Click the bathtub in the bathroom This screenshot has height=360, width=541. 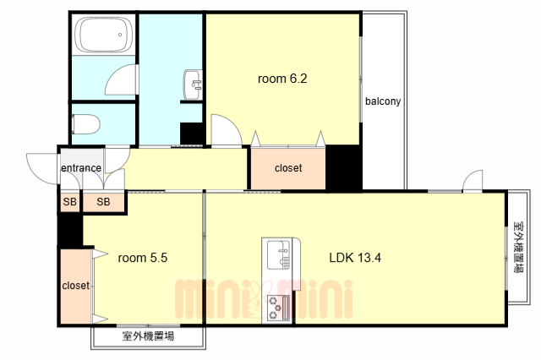[x=102, y=35]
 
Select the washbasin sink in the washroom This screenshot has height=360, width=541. [x=193, y=83]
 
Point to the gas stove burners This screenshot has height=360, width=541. [x=277, y=308]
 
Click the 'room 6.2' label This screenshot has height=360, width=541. [x=281, y=79]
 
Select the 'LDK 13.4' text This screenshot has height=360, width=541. [x=356, y=259]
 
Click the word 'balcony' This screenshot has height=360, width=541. [x=383, y=101]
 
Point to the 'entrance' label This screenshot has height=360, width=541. [x=81, y=168]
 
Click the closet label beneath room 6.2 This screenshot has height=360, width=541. [x=288, y=168]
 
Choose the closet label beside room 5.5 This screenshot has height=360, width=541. [x=76, y=286]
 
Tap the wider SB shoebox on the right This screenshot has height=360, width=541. [x=103, y=202]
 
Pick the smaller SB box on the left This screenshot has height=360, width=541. [x=69, y=202]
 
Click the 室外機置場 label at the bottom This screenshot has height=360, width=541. [x=148, y=336]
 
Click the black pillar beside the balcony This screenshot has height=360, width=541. [x=344, y=167]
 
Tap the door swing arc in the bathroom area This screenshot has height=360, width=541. [x=123, y=80]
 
